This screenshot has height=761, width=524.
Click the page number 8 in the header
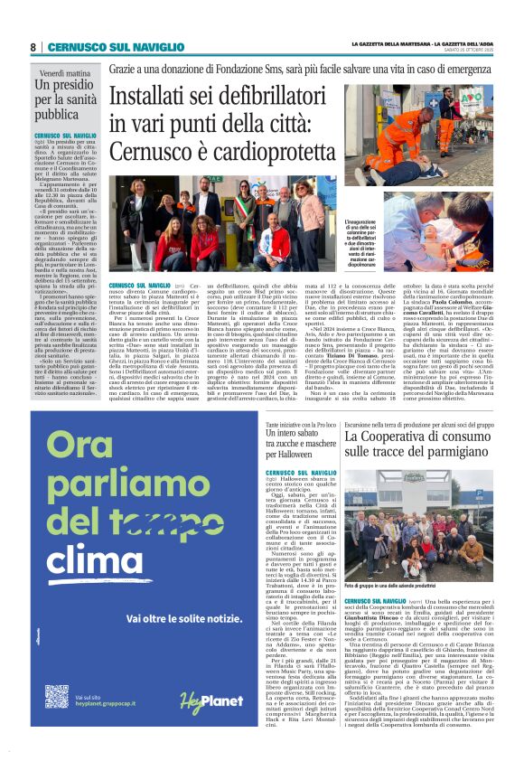pos(33,47)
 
